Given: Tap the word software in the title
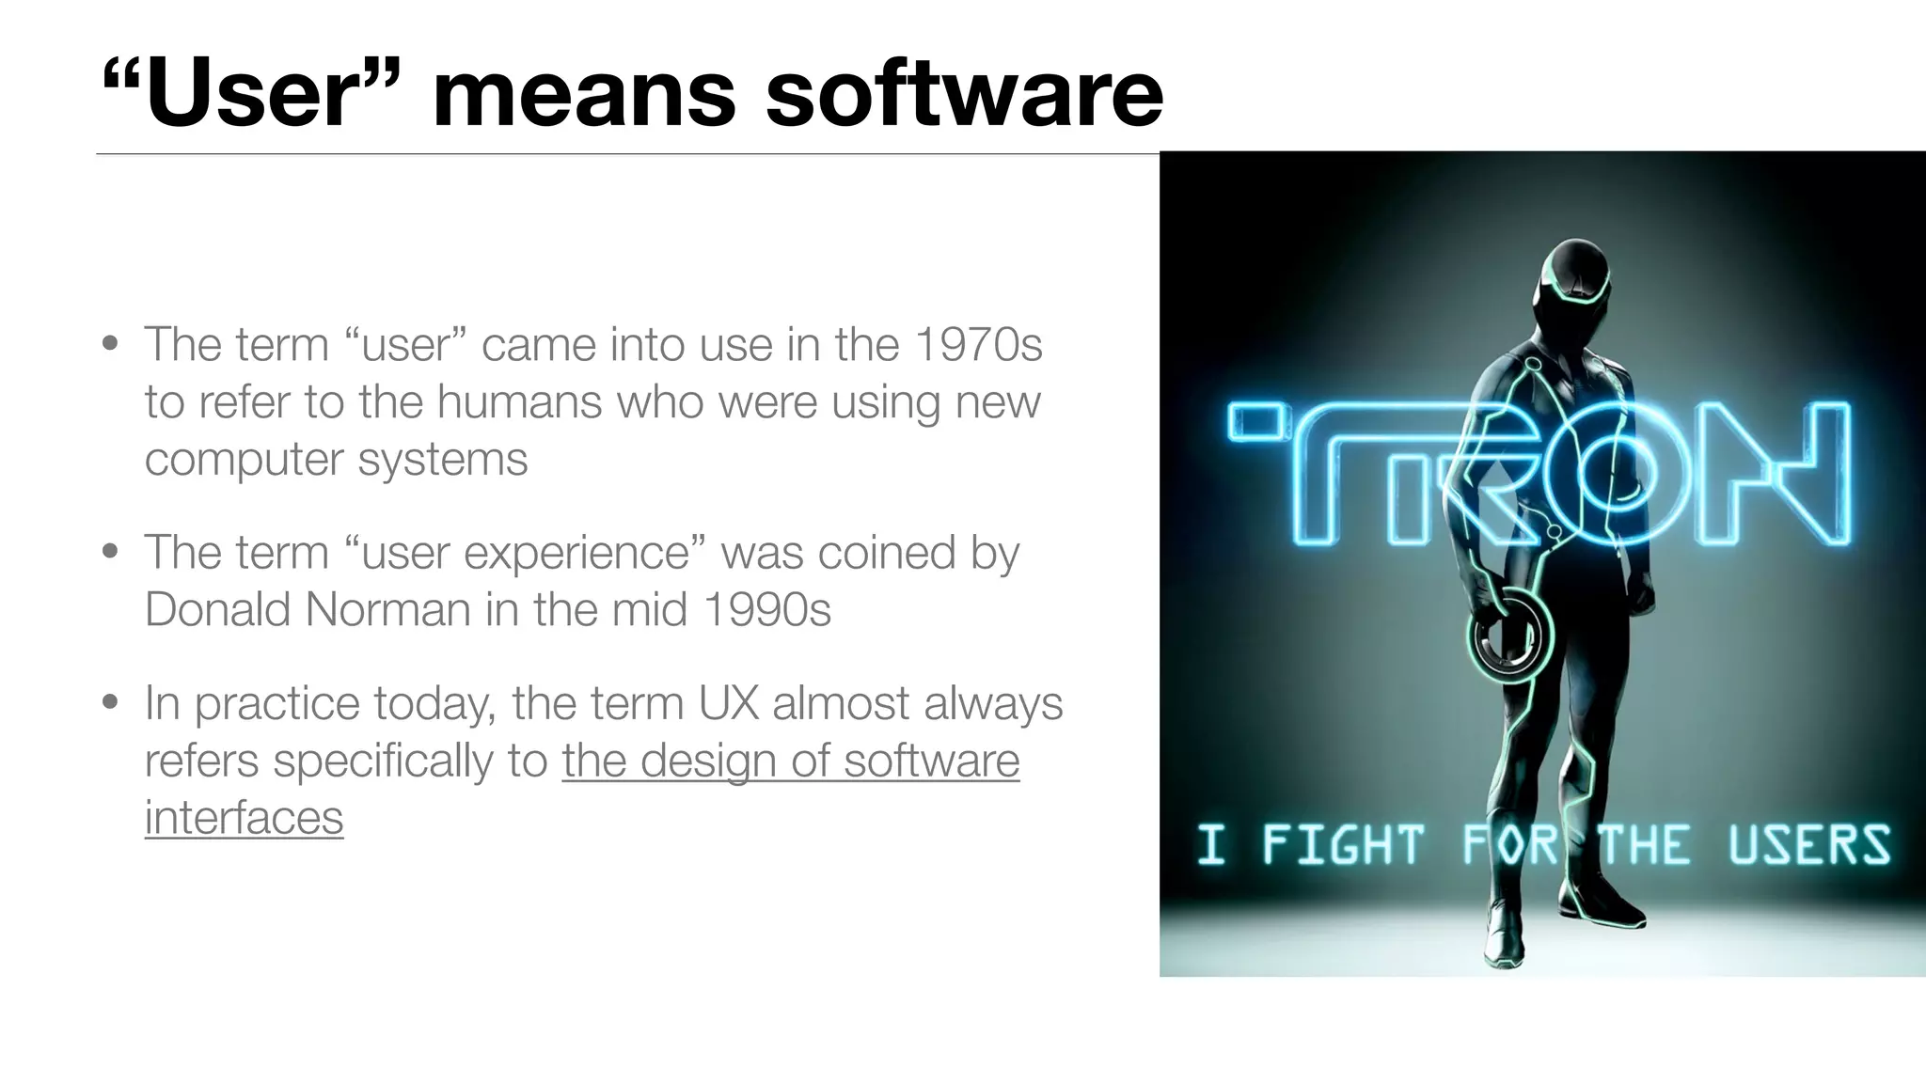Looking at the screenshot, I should tap(964, 94).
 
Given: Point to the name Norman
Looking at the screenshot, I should tap(387, 609).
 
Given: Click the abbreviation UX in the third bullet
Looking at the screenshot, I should tap(729, 703).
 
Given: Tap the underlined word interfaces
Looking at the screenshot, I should tap(244, 817).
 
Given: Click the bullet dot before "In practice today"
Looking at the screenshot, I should tap(111, 702).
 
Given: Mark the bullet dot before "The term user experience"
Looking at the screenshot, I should tap(111, 551).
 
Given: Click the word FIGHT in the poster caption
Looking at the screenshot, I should tap(1342, 844).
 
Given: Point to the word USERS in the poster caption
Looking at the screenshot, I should tap(1808, 844).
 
